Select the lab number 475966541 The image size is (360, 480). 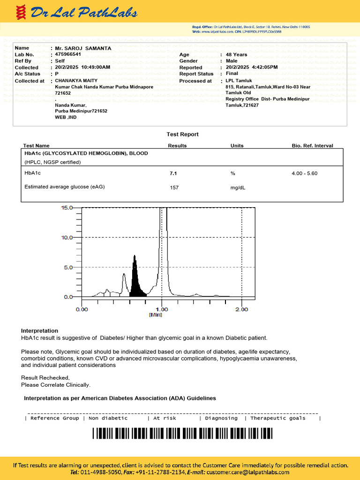click(68, 54)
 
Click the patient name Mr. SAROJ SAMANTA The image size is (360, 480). click(83, 48)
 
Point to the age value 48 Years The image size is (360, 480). click(236, 55)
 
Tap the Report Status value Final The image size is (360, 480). click(232, 74)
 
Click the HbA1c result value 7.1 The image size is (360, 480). click(173, 173)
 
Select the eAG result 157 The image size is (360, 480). click(174, 187)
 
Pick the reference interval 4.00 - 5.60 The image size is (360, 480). click(304, 173)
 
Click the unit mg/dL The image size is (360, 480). click(238, 187)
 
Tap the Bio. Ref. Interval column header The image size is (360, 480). click(312, 146)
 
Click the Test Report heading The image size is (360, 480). click(182, 135)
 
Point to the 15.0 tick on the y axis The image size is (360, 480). click(67, 208)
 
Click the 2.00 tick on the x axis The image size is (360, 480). click(241, 309)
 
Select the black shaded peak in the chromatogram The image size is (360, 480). click(136, 284)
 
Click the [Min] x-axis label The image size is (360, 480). click(155, 315)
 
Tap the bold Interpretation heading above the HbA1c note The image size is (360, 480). click(39, 331)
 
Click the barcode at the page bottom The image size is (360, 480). click(182, 434)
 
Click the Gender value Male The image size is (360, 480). click(232, 61)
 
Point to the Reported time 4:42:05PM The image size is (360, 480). click(265, 67)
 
